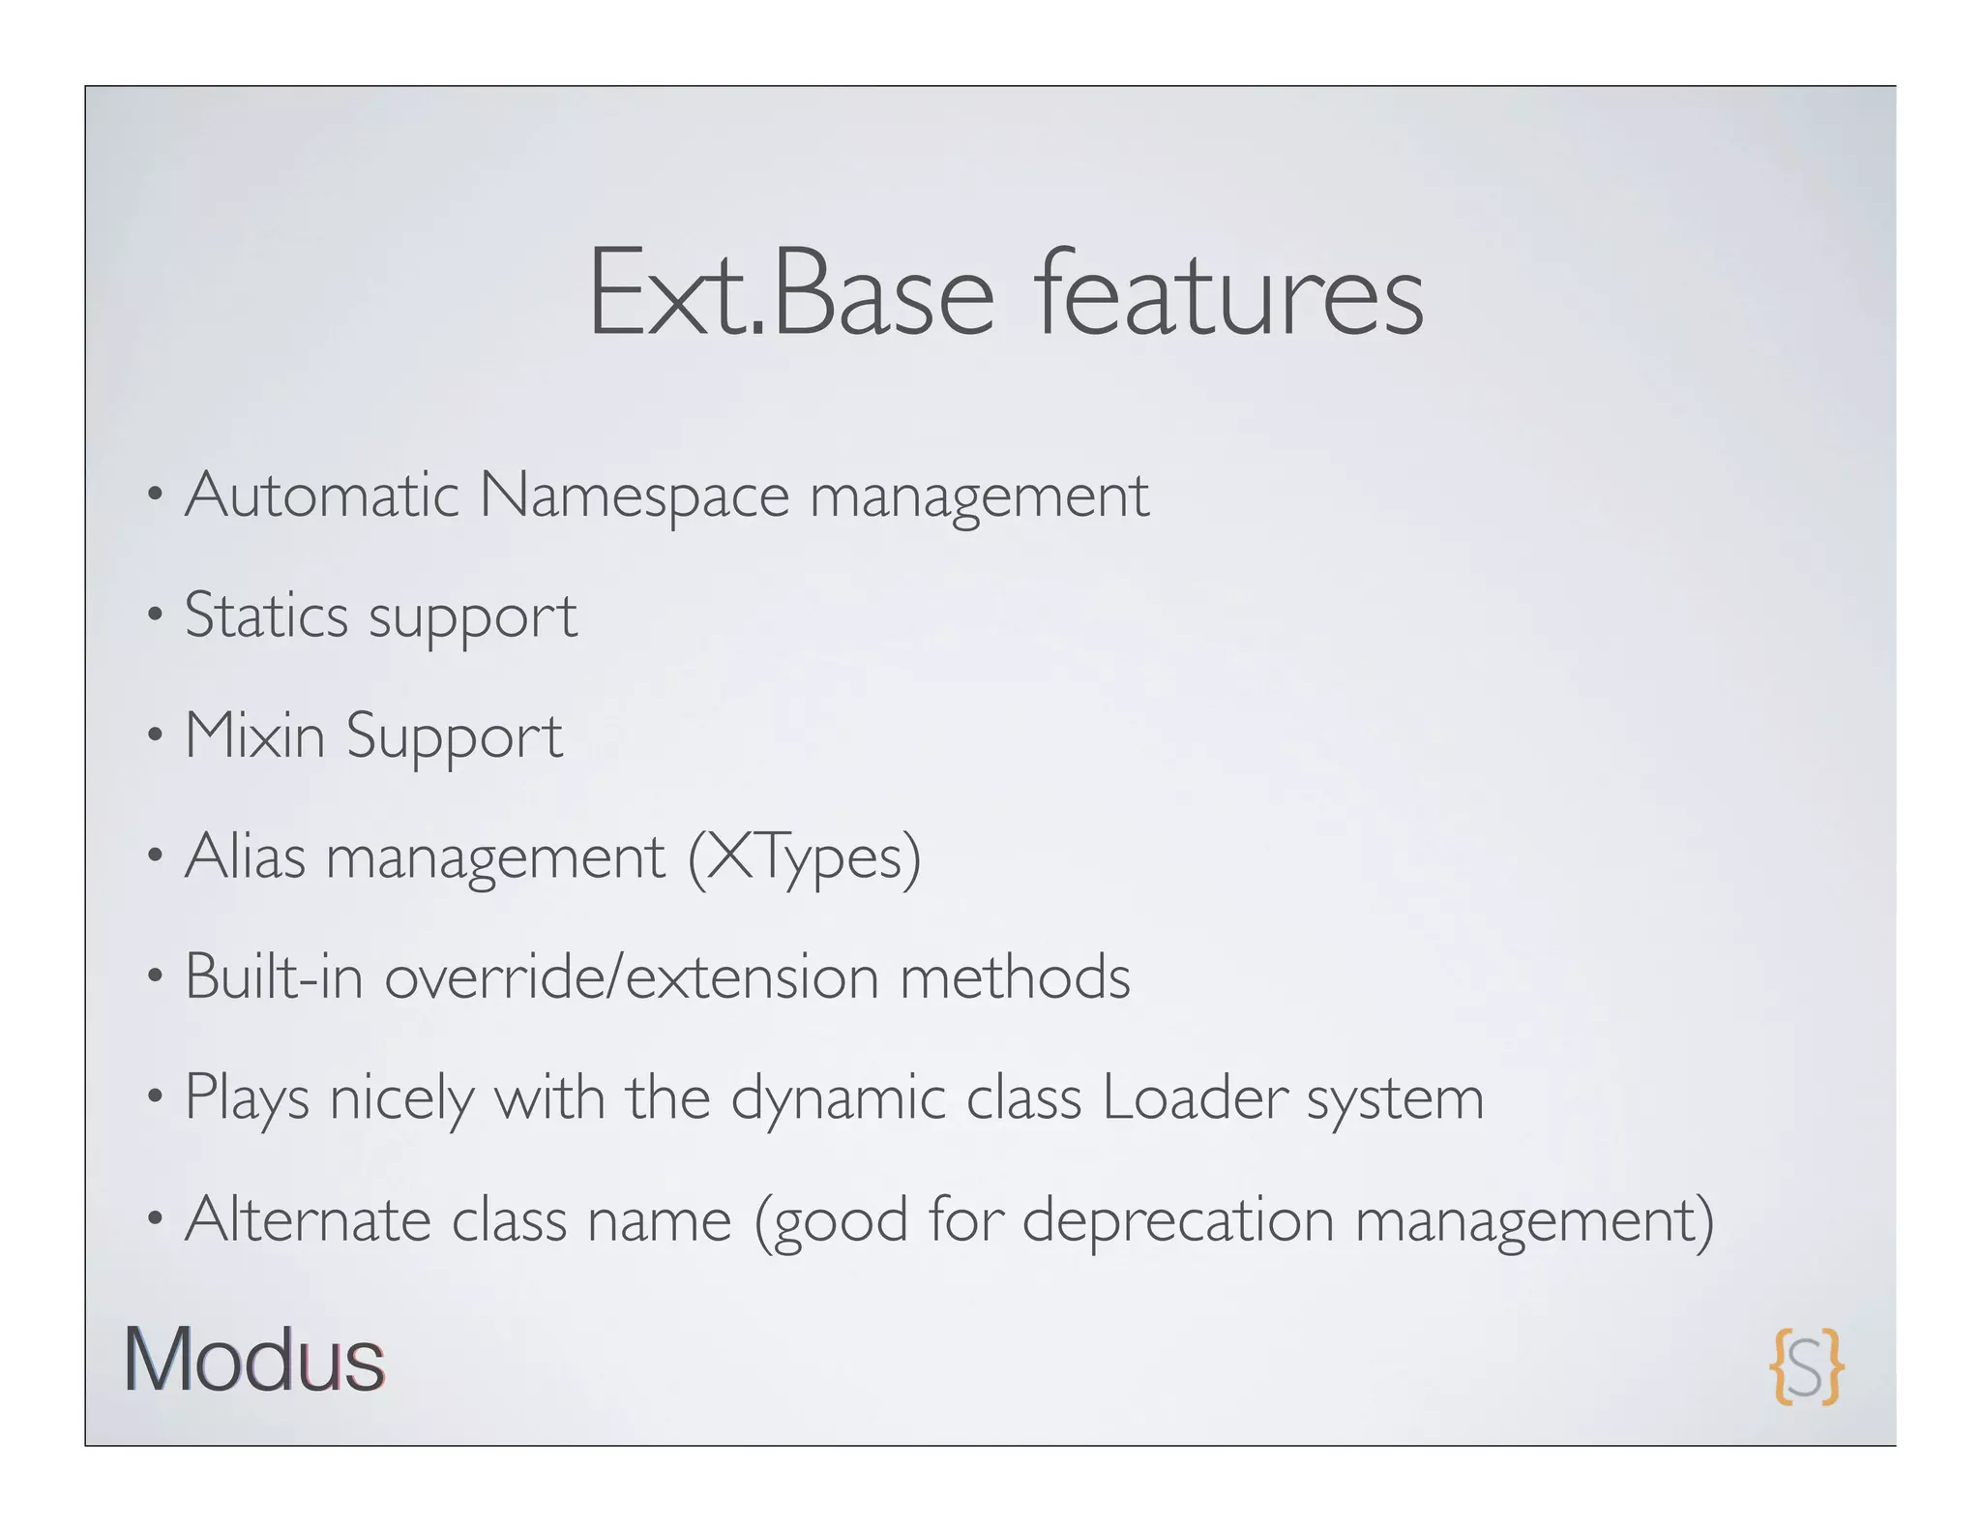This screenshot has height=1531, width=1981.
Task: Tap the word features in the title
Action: coord(1228,292)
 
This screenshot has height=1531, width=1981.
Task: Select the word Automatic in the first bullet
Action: coord(321,495)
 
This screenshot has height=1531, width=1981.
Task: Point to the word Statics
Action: coord(266,615)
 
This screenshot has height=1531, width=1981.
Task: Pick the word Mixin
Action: coord(254,735)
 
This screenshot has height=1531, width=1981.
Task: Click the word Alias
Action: coord(245,856)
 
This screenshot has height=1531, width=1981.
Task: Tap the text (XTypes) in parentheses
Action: coord(804,858)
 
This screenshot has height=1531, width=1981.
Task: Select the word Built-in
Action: coord(274,976)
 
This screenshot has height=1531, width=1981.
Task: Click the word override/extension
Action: coord(632,976)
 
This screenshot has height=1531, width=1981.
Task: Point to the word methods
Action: coord(1015,976)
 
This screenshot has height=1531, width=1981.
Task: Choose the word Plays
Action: coord(247,1099)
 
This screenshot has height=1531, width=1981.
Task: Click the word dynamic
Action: coord(838,1099)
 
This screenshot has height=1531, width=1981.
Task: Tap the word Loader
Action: coord(1195,1097)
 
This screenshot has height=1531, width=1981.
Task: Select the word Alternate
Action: coord(308,1218)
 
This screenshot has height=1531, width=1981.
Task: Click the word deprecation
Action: coord(1178,1220)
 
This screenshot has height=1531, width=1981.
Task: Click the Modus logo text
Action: coord(254,1360)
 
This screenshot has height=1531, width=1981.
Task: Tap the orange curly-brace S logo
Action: coord(1807,1366)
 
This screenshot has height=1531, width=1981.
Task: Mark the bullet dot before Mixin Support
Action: coord(154,736)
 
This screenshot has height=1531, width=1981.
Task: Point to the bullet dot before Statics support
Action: coord(154,615)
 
